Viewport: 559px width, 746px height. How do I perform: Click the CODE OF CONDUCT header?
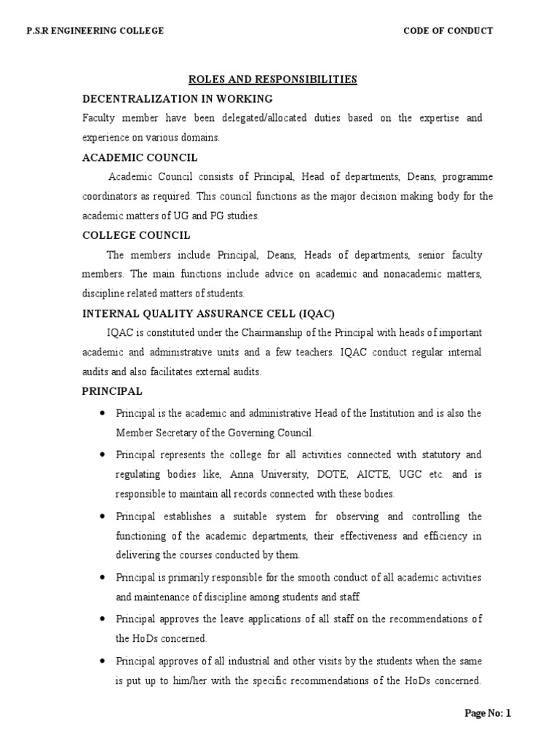448,31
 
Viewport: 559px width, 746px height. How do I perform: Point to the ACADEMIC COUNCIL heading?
140,157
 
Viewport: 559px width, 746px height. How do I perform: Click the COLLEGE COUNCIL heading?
137,235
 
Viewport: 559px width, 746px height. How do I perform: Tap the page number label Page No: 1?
488,713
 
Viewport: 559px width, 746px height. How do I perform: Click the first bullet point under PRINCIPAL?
102,413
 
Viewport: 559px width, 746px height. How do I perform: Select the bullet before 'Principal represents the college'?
102,455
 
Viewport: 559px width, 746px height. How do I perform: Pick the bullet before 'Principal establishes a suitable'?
102,517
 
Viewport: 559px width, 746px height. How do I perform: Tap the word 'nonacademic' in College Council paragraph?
411,275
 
